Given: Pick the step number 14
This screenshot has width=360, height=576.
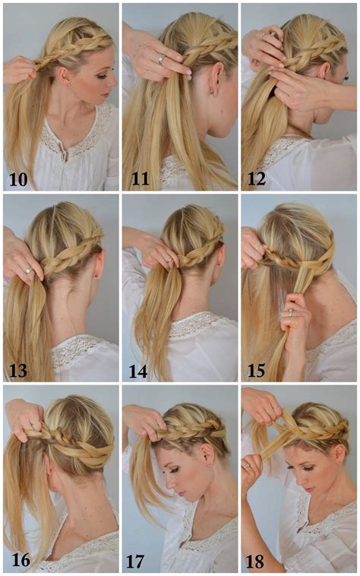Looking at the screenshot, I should [x=137, y=370].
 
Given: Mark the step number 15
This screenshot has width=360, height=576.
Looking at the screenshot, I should [x=257, y=370].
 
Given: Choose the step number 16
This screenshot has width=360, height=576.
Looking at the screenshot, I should [x=21, y=561].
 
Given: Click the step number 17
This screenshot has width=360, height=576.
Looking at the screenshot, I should [x=137, y=561].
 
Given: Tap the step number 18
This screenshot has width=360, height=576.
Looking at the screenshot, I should [x=257, y=561].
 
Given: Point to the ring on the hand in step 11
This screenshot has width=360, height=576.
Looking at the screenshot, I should [x=160, y=59].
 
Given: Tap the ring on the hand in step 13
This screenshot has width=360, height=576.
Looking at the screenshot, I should [x=27, y=270].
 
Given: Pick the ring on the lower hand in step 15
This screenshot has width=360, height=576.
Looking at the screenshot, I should [x=289, y=312].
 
